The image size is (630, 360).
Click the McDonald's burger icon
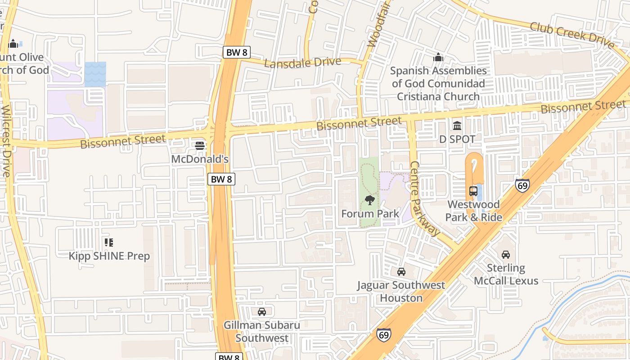[x=200, y=145]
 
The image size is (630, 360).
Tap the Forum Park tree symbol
[x=370, y=200]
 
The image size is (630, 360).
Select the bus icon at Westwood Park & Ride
[x=473, y=191]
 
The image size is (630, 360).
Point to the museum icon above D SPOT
[x=457, y=126]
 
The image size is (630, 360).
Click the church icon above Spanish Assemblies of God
[x=438, y=57]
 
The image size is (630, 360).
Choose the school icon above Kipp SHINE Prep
[x=108, y=243]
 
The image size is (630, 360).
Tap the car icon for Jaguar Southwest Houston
[x=401, y=271]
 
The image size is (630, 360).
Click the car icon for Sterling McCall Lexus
[x=506, y=254]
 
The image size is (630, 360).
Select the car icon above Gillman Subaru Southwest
[x=261, y=311]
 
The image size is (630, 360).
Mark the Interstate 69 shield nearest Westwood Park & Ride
[x=522, y=185]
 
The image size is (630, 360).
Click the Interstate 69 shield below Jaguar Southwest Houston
[x=383, y=335]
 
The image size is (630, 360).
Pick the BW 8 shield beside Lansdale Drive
[x=236, y=52]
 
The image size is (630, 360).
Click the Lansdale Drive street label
[x=302, y=63]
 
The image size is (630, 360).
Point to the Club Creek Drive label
[x=571, y=35]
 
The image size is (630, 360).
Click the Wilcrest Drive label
[x=6, y=142]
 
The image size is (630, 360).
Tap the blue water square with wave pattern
[x=95, y=74]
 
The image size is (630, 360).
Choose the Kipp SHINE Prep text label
[x=109, y=256]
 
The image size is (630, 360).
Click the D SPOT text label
[x=457, y=139]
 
